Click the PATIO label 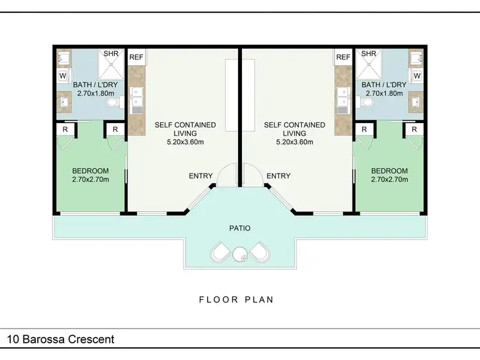(240, 227)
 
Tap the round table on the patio (241, 254)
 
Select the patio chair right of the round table (260, 252)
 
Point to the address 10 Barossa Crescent (61, 339)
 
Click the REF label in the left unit (136, 57)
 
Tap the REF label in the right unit (344, 57)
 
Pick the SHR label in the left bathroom (110, 54)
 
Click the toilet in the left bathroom (113, 102)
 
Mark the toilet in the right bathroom (367, 102)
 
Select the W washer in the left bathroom (63, 76)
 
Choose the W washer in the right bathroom (417, 76)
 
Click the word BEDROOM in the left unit (90, 171)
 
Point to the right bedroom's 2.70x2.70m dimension (389, 180)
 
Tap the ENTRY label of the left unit (201, 176)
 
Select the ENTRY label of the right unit (278, 176)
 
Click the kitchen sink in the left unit (136, 100)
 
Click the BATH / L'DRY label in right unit (384, 85)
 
